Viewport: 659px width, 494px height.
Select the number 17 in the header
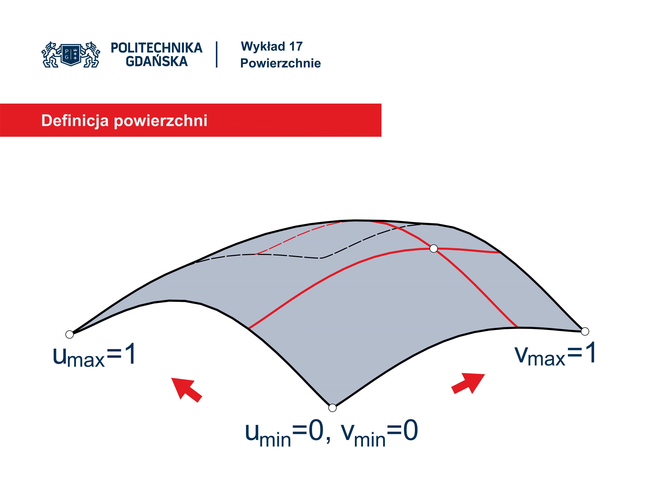tap(296, 46)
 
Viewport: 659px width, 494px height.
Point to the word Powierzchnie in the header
tap(280, 63)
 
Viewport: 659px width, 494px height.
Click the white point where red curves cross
tap(434, 248)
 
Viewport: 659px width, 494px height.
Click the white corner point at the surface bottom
tap(332, 408)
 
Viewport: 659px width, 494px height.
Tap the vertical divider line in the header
tap(217, 55)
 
